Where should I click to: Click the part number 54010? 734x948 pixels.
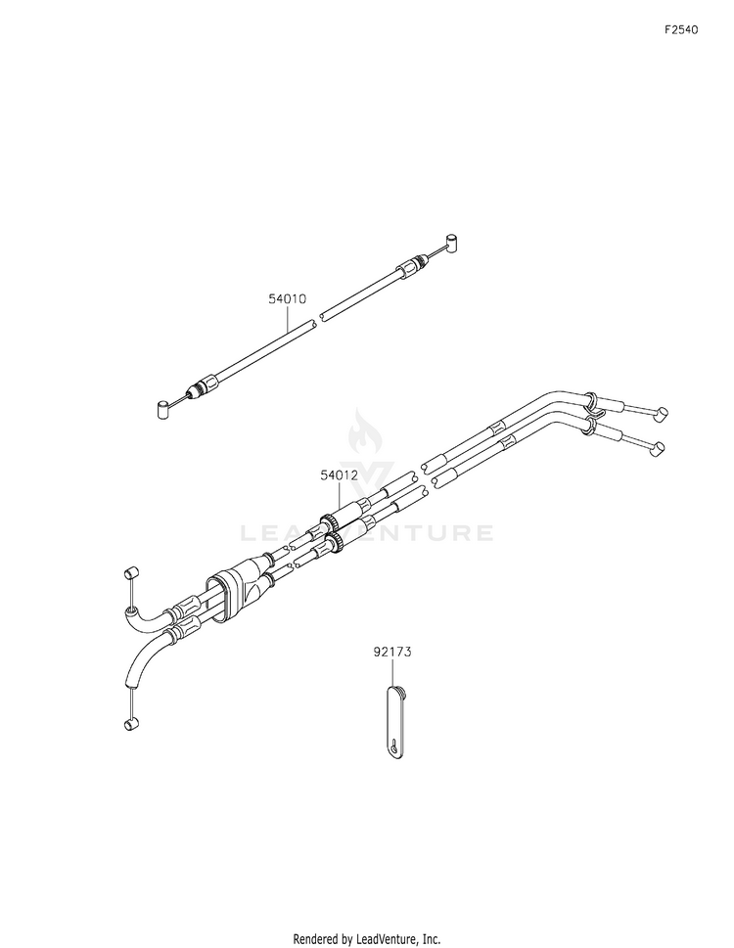(x=287, y=298)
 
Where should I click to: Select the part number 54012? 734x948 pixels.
(x=339, y=475)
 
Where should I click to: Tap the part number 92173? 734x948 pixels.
(x=391, y=652)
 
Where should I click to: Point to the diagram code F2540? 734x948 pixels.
(x=681, y=29)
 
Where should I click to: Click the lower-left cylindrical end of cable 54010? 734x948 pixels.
(x=162, y=408)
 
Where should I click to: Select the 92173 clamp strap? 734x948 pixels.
(x=394, y=720)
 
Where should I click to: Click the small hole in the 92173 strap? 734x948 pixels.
(x=393, y=745)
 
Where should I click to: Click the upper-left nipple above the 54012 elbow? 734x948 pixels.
(x=130, y=572)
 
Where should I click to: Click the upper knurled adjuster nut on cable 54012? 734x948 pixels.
(x=327, y=521)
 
